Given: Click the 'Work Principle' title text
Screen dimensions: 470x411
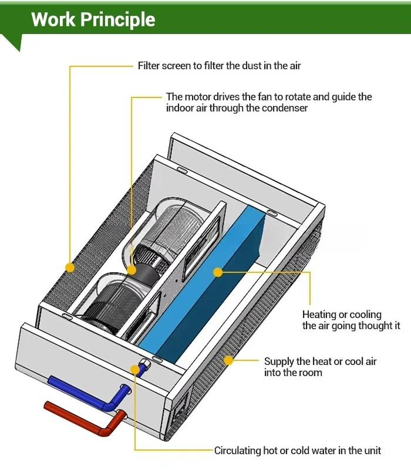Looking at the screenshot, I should (93, 19).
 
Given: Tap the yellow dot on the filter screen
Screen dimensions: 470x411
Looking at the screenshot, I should (70, 268).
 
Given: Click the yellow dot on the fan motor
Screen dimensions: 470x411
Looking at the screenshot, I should (132, 270).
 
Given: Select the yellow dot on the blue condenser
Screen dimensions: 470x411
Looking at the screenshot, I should (217, 272).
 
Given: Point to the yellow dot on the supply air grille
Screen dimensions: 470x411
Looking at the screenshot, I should (228, 360).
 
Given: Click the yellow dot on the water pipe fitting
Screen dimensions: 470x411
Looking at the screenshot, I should (136, 370).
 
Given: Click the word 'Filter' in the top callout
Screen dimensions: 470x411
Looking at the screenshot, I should (148, 66).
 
